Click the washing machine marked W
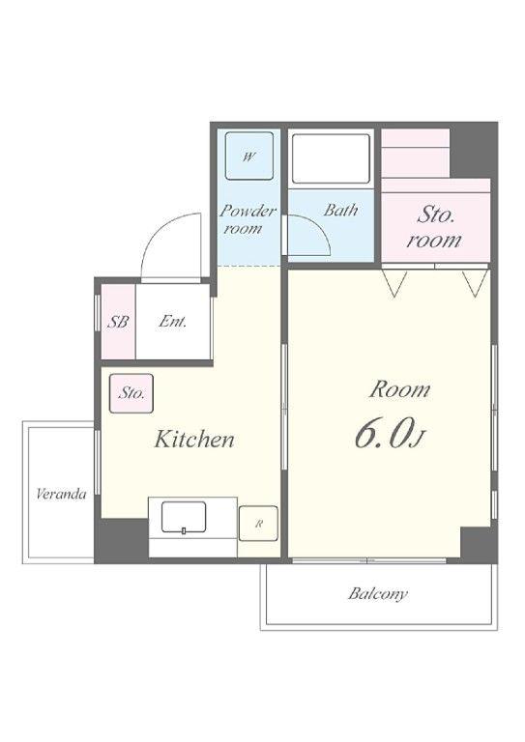pos(249,156)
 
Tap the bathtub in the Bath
pos(331,158)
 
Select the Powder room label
pos(247,219)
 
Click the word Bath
pos(340,210)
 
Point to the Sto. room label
pos(434,228)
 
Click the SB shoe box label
pos(118,322)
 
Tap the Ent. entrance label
pos(172,322)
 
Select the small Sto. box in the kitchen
pos(131,393)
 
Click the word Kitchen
pos(194,440)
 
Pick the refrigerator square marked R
pos(258,524)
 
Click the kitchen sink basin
pos(184,517)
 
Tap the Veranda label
pos(61,495)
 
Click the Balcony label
pos(378,593)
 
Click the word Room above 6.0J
pos(399,389)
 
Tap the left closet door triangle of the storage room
pos(394,283)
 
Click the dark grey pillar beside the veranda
pos(121,540)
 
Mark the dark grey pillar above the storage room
pos(473,150)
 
